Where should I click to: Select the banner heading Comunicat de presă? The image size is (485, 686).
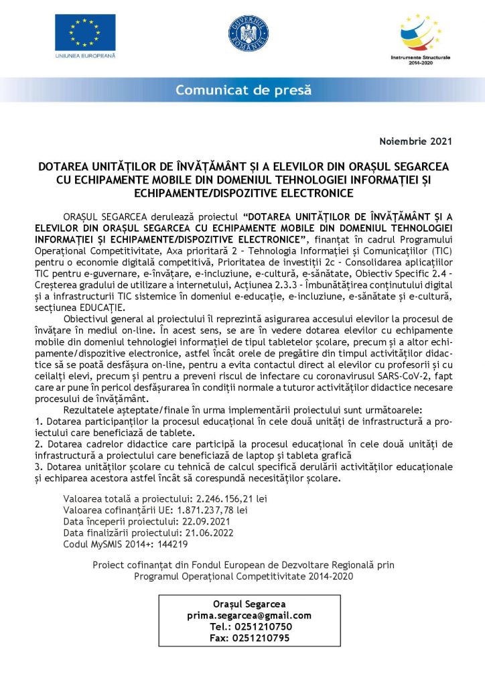tap(243, 90)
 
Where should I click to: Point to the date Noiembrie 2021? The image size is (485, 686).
tap(416, 141)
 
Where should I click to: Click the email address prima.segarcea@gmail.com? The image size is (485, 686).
tap(249, 616)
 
